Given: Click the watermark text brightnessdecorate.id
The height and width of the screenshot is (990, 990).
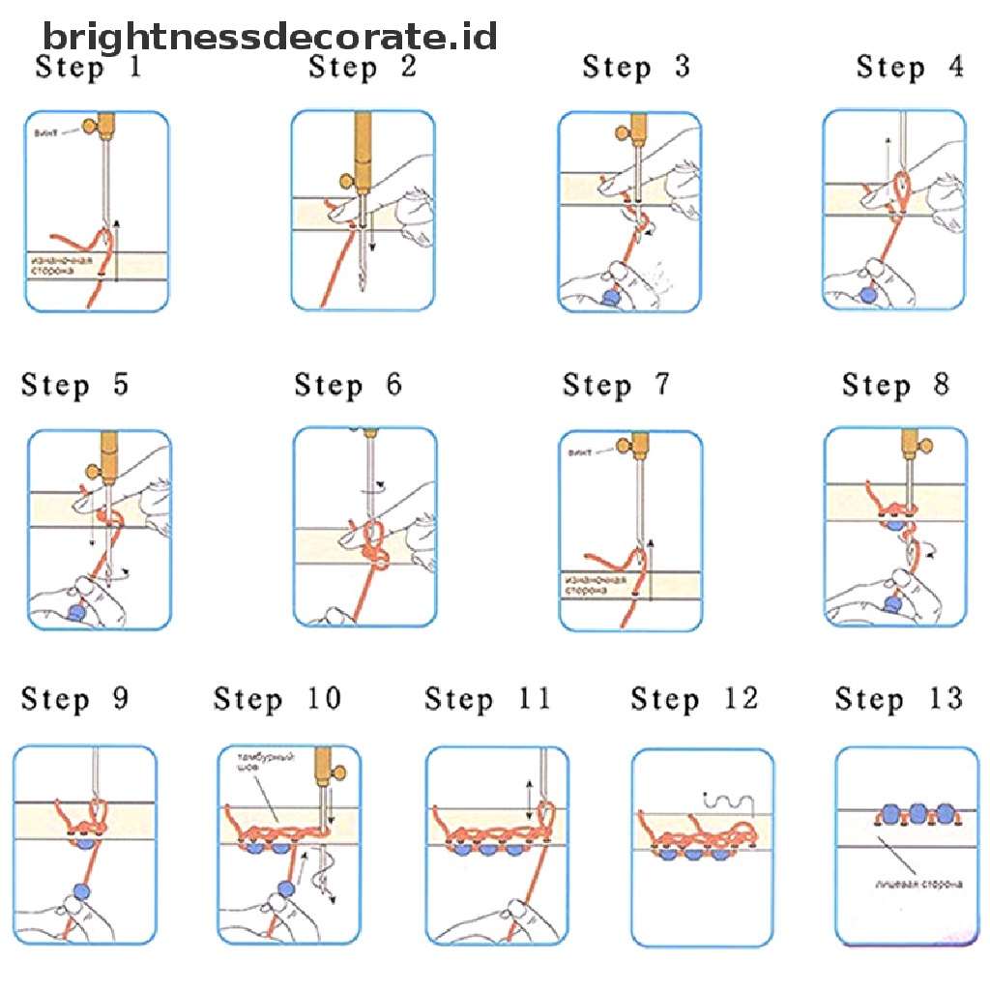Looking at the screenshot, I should (x=270, y=37).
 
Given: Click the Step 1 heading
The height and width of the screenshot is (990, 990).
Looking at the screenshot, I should (x=88, y=68).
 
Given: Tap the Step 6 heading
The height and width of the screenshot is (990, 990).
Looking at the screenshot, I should (x=348, y=385).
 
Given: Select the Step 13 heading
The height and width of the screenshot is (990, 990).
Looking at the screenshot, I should (x=899, y=698).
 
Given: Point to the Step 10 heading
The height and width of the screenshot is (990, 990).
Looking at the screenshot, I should (x=277, y=699).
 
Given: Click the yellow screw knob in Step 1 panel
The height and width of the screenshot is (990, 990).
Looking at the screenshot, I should (x=92, y=125).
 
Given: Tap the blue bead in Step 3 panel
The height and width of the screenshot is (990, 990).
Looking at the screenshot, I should (x=610, y=297).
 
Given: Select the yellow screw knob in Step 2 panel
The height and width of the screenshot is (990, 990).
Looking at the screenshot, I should (x=345, y=181).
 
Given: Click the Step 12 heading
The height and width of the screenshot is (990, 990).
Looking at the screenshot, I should (x=694, y=698).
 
